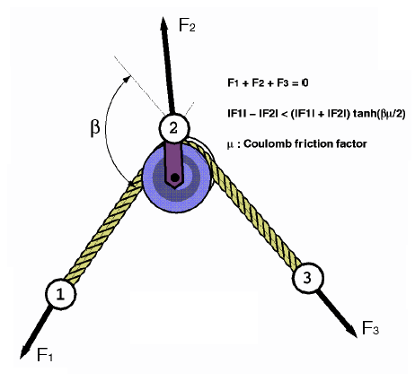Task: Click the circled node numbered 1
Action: [x=59, y=292]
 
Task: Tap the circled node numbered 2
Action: [x=172, y=128]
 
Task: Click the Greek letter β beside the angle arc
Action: [x=95, y=129]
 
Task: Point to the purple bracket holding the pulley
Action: [x=172, y=158]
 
